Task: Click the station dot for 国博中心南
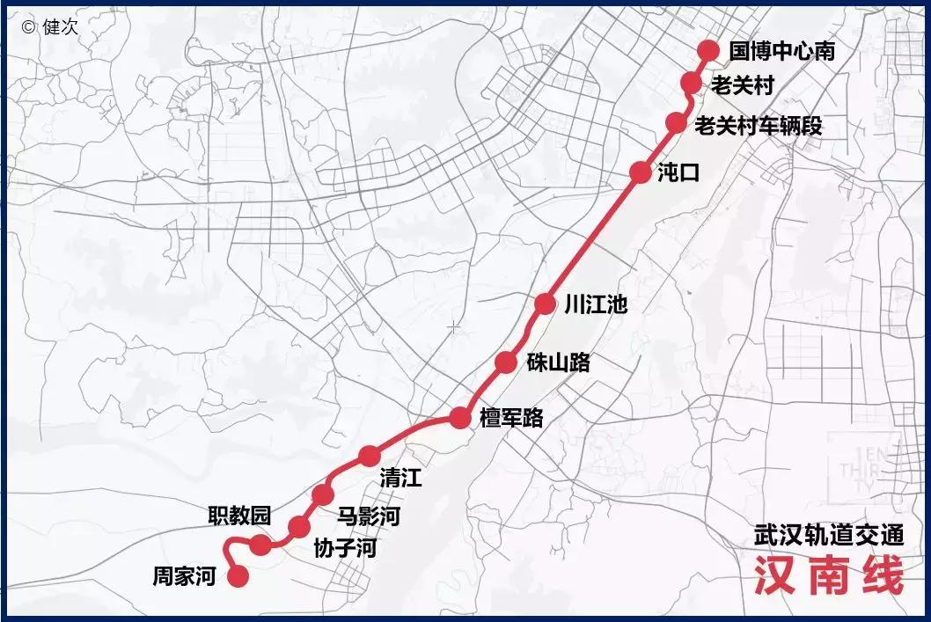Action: pyautogui.click(x=708, y=51)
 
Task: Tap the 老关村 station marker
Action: pyautogui.click(x=692, y=84)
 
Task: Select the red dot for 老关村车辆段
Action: pyautogui.click(x=676, y=123)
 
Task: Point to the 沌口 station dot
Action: pyautogui.click(x=641, y=172)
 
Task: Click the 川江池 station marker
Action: pyautogui.click(x=546, y=304)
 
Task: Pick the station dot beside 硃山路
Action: pyautogui.click(x=506, y=362)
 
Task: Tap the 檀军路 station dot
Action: pyautogui.click(x=460, y=418)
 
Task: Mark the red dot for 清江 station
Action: pyautogui.click(x=370, y=456)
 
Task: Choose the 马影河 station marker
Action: pyautogui.click(x=323, y=494)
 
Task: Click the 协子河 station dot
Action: pyautogui.click(x=299, y=526)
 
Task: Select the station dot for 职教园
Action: pyautogui.click(x=260, y=545)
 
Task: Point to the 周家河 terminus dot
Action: pyautogui.click(x=238, y=577)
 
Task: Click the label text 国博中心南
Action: pyautogui.click(x=781, y=51)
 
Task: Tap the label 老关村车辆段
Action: pyautogui.click(x=758, y=125)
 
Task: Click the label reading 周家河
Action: pyautogui.click(x=184, y=577)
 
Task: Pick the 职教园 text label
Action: pyautogui.click(x=238, y=516)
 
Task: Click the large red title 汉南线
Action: pyautogui.click(x=828, y=576)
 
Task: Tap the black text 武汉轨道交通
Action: pyautogui.click(x=829, y=536)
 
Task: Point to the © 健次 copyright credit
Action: pyautogui.click(x=50, y=26)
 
